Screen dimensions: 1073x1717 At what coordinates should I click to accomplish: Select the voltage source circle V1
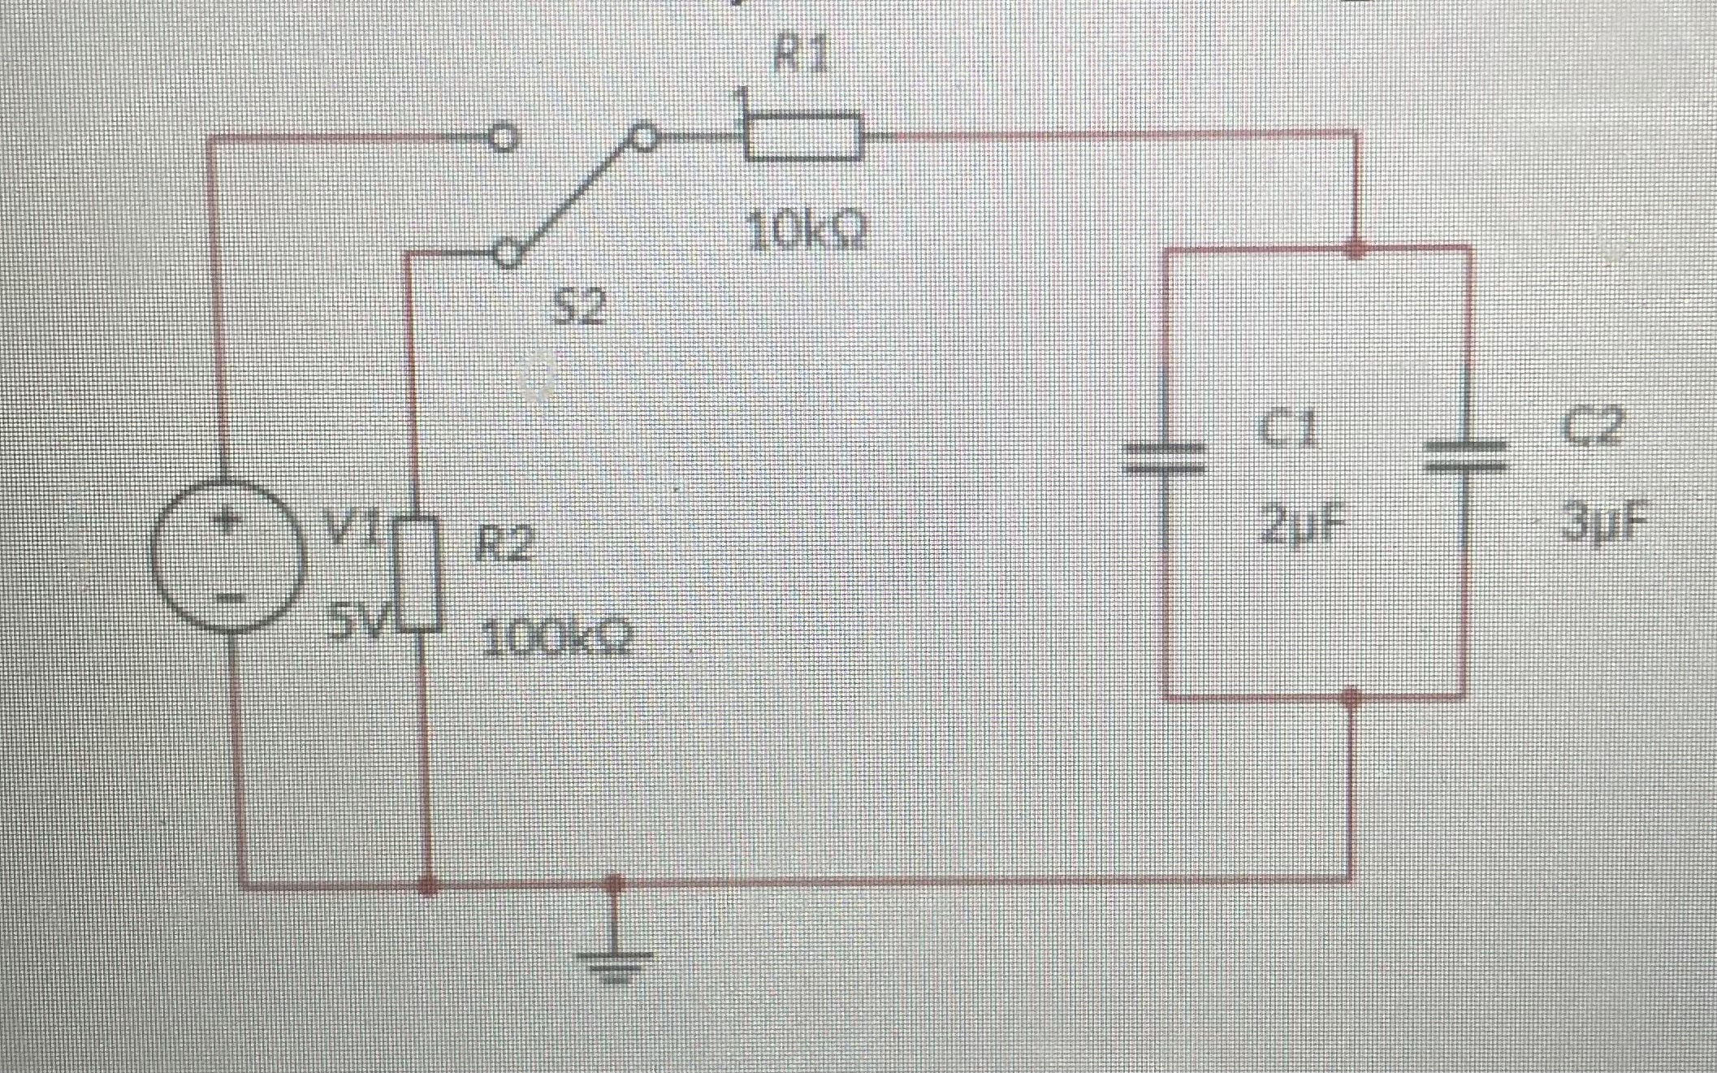tap(227, 555)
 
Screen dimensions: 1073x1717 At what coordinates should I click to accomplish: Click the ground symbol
tap(615, 963)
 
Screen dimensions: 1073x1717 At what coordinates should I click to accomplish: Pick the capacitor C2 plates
tap(1467, 456)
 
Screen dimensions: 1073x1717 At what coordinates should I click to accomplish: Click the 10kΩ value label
tap(806, 233)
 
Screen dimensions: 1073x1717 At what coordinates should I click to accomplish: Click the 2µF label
tap(1300, 526)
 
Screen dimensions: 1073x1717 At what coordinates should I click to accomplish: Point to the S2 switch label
tap(580, 308)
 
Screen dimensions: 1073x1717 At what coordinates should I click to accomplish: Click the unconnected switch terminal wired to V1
tap(504, 139)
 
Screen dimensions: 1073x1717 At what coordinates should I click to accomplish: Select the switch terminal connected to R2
tap(507, 253)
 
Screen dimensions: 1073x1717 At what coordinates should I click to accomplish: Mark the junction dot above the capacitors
tap(1354, 248)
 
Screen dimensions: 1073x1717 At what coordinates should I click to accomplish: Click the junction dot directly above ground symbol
tap(615, 884)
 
